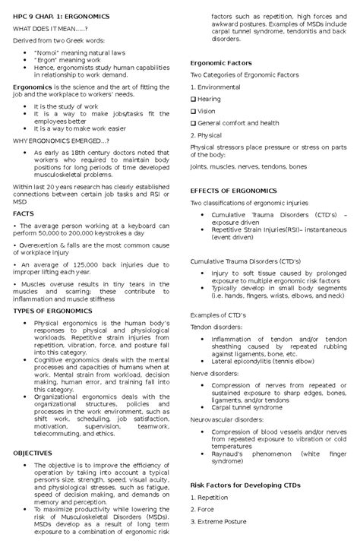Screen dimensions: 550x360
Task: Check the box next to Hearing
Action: pyautogui.click(x=193, y=99)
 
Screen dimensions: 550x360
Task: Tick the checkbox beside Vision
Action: pyautogui.click(x=193, y=110)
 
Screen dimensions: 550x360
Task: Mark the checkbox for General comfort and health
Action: pyautogui.click(x=193, y=122)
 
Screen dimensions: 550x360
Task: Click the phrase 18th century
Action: pyautogui.click(x=78, y=151)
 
